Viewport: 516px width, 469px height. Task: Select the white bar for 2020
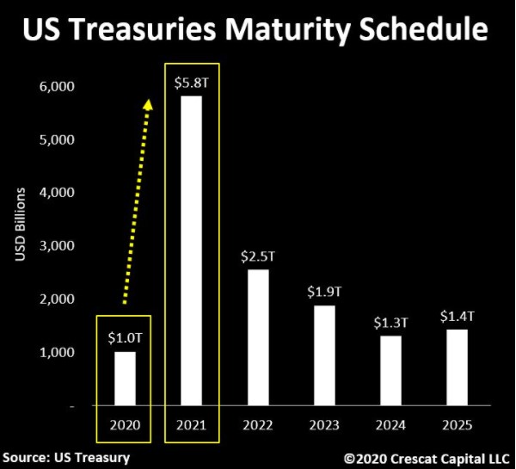[x=126, y=379]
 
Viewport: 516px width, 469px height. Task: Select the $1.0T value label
[x=126, y=337]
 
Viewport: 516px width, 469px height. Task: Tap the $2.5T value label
[x=257, y=256]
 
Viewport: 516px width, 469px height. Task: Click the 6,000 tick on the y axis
[x=58, y=86]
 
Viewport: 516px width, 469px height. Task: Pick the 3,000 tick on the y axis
[x=58, y=246]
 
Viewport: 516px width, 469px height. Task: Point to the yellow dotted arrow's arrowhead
[x=148, y=104]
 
